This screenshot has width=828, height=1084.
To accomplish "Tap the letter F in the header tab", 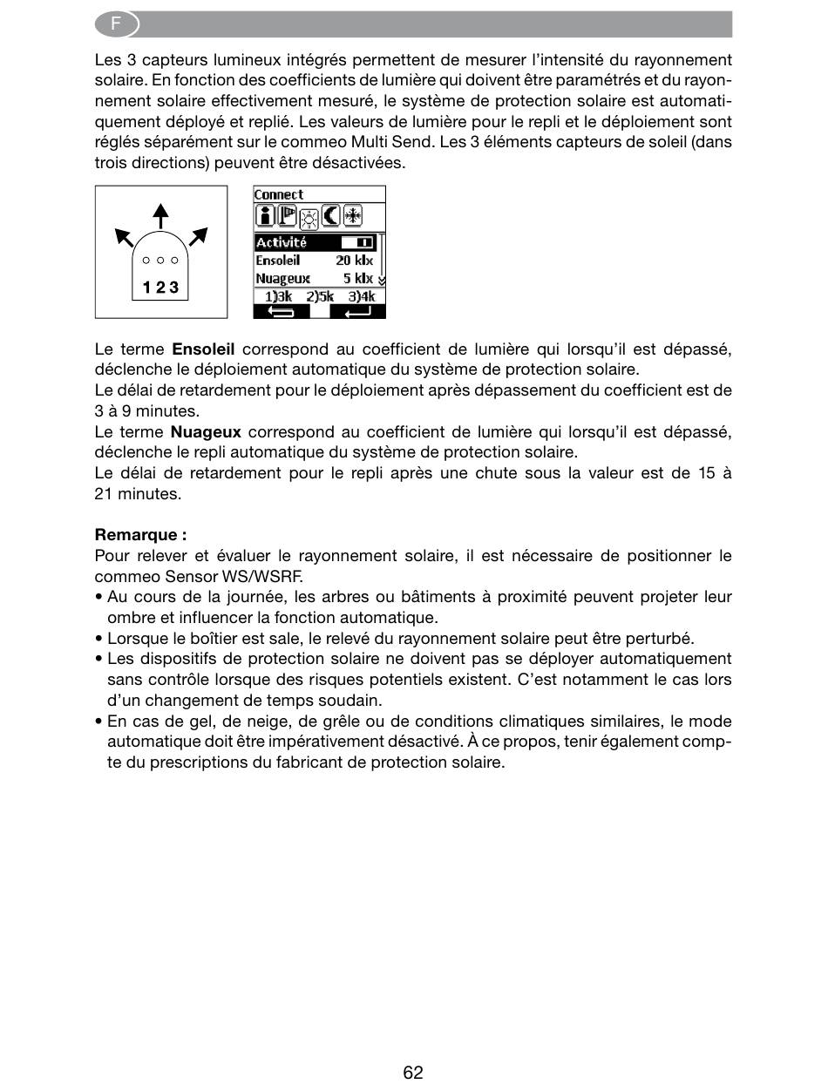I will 116,24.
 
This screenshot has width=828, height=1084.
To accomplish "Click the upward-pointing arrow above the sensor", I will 159,215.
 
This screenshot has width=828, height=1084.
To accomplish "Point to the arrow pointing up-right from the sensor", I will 198,235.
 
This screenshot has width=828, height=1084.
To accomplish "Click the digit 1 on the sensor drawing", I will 148,288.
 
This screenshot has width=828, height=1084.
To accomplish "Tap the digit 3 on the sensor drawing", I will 173,288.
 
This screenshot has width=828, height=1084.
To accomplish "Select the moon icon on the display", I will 331,216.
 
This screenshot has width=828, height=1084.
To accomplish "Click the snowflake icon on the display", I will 352,216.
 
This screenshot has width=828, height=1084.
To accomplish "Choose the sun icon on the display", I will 309,218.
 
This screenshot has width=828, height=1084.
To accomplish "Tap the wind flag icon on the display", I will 287,216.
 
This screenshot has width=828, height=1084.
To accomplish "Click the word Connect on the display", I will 279,194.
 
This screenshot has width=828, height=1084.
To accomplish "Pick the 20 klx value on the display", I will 354,261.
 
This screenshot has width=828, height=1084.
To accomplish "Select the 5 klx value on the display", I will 357,279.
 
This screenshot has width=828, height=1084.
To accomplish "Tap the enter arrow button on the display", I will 357,311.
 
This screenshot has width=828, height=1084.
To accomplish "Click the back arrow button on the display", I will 281,311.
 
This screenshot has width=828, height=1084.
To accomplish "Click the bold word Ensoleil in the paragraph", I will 203,349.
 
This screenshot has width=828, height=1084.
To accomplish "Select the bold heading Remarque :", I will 140,535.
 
